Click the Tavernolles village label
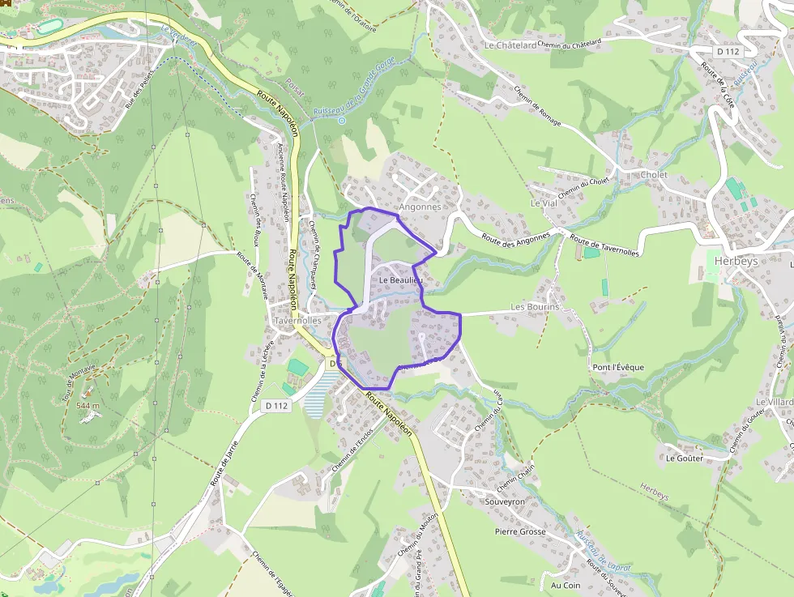point(297,321)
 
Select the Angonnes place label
point(420,207)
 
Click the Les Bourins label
point(535,308)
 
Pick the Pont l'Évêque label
point(618,367)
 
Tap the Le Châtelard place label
point(510,46)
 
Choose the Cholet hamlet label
point(654,175)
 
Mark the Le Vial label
point(544,203)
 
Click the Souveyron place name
point(504,502)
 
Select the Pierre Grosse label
point(520,532)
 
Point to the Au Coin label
point(566,585)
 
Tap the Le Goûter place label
point(685,458)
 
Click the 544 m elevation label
point(88,405)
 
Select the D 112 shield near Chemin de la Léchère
point(277,405)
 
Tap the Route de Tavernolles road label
point(604,246)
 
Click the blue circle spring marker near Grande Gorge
point(342,121)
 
